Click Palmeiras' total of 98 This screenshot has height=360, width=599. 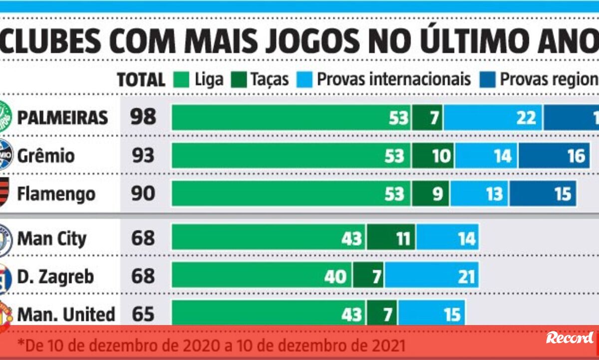(143, 117)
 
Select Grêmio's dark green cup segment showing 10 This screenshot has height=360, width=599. (432, 155)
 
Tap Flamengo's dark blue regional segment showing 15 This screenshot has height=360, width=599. (542, 193)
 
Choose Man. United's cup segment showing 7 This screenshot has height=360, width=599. (382, 314)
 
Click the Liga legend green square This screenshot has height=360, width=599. (181, 80)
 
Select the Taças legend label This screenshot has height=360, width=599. (270, 79)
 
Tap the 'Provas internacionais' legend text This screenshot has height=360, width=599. (393, 79)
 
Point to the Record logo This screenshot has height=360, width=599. (570, 338)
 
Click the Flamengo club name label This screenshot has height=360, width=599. (56, 194)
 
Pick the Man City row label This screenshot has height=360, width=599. (51, 238)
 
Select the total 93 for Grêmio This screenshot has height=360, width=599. (143, 155)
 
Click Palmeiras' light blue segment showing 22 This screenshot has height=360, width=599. (493, 117)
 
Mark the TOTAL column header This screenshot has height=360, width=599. (141, 80)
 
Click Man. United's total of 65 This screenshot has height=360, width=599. (143, 315)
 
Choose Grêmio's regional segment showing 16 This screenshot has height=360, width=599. (554, 155)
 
